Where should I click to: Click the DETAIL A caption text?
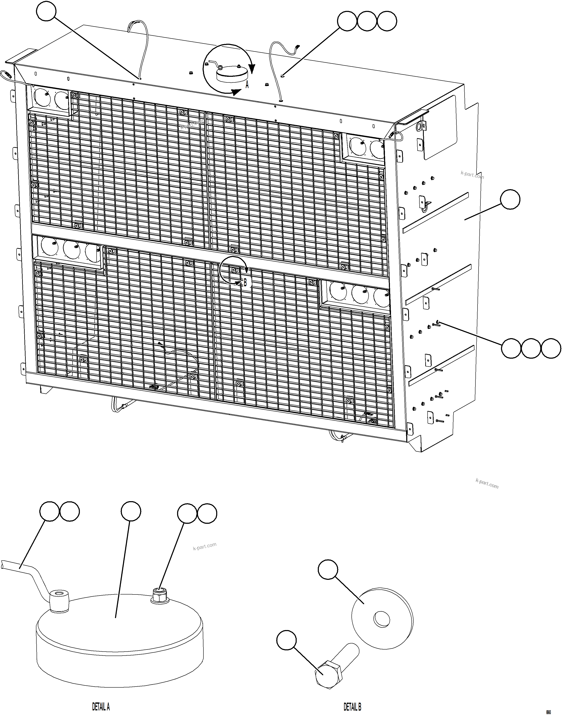coord(101,698)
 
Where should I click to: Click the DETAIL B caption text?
coord(353,698)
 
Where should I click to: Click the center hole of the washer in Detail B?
coord(382,620)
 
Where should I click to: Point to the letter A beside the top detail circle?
coord(247,85)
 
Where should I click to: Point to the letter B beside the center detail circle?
coord(245,282)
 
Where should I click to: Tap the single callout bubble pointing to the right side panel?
coord(510,199)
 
